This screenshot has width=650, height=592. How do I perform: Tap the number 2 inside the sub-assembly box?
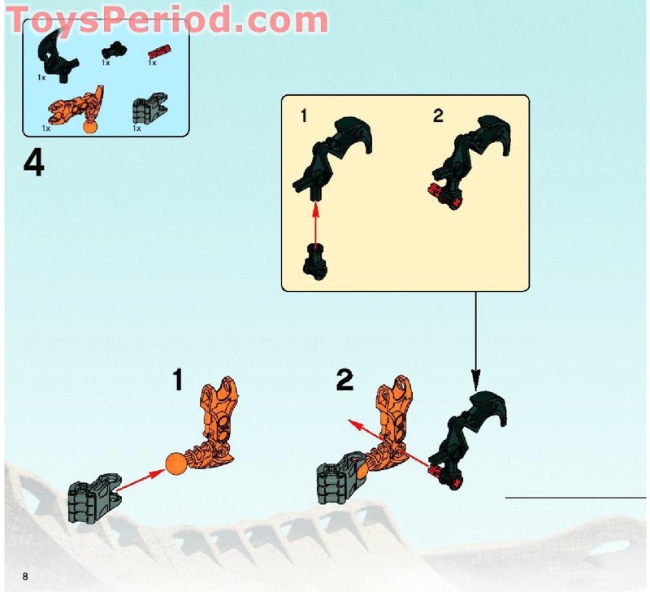439,115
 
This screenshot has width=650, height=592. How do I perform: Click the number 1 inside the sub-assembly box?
304,115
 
